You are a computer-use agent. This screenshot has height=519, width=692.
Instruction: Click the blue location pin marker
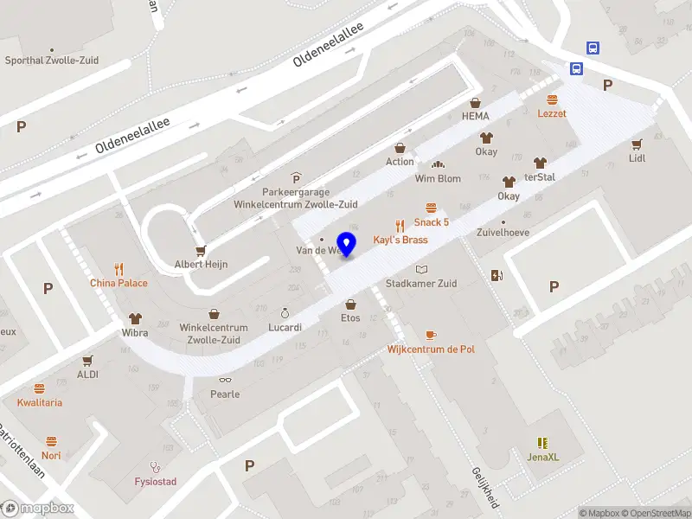tap(347, 245)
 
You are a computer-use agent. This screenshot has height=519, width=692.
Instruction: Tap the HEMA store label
tap(475, 116)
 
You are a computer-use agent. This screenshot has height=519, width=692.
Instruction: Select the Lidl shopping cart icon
tap(638, 144)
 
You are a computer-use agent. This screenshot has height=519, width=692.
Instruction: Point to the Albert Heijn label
tap(201, 264)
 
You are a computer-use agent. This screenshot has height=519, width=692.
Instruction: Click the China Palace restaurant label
tap(119, 283)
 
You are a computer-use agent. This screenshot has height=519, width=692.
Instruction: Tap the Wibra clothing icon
tap(134, 318)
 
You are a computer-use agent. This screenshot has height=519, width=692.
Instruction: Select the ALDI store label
tap(88, 375)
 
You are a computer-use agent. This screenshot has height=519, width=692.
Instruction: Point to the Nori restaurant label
tap(51, 455)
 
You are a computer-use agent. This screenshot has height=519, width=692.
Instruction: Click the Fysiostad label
tap(156, 481)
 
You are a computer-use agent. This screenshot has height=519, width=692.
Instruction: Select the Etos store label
tap(350, 318)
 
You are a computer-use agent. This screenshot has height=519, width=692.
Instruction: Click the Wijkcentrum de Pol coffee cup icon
tap(431, 335)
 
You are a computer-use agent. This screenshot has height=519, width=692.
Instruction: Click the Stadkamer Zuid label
tap(421, 283)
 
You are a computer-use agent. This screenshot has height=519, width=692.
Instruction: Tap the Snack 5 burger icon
tap(431, 208)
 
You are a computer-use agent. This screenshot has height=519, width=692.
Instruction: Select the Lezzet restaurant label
tap(552, 112)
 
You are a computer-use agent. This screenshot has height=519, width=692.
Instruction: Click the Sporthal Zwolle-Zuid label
tap(52, 61)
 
